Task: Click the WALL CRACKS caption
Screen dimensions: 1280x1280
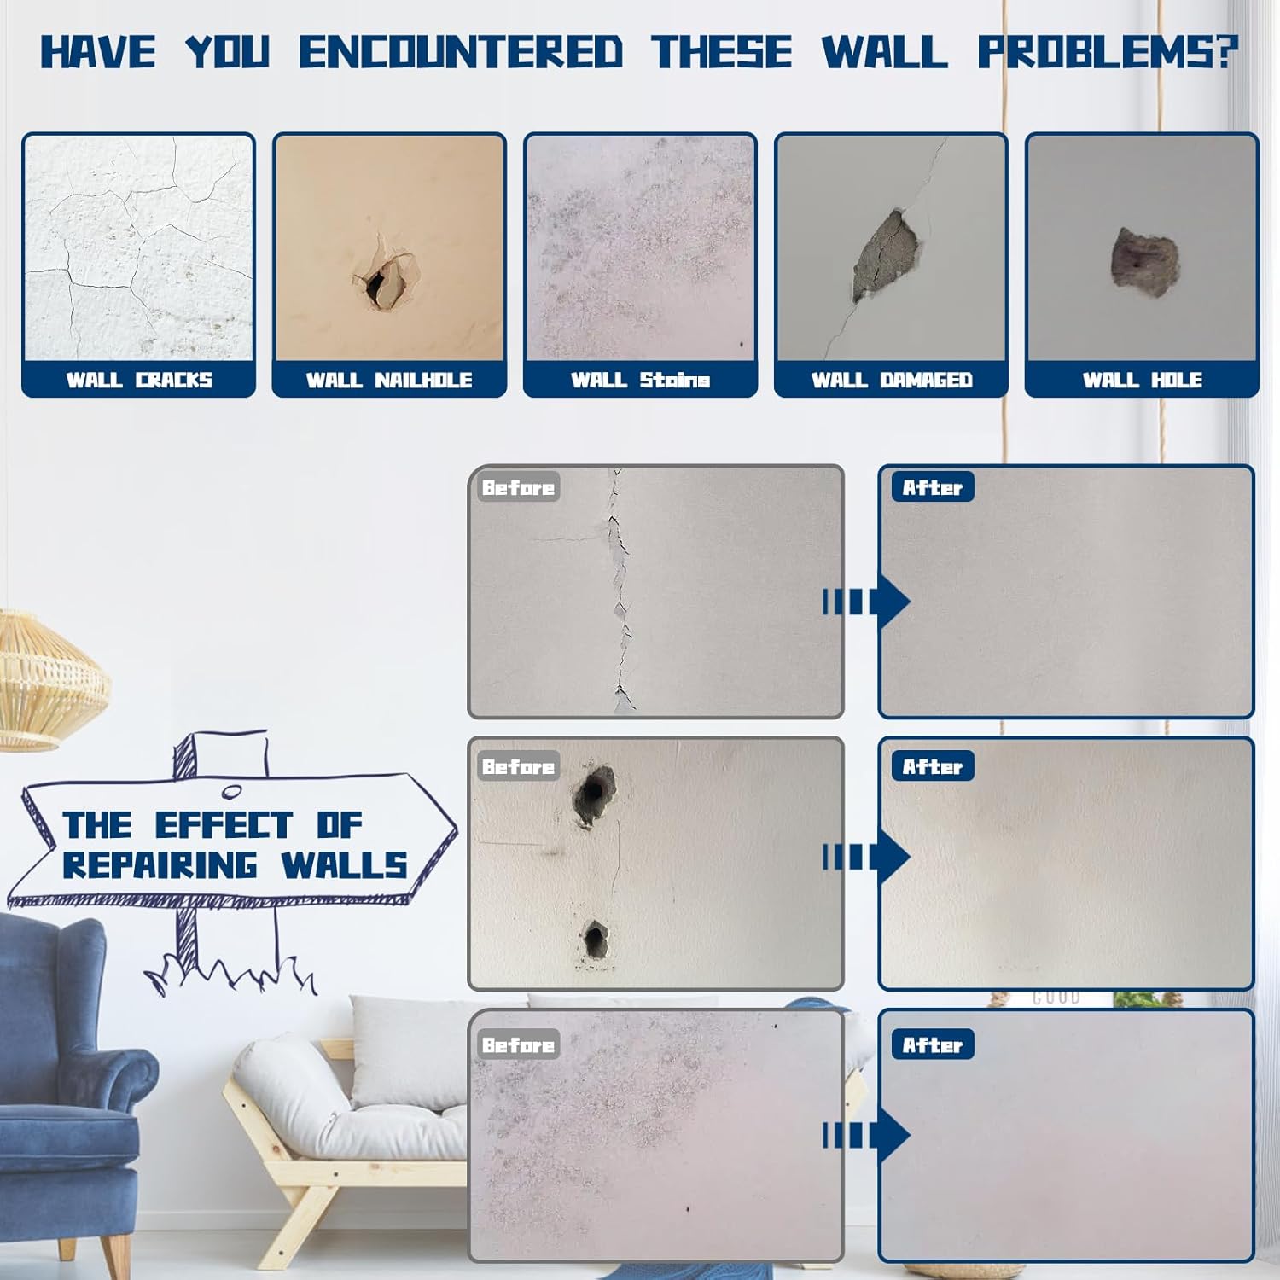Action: (139, 380)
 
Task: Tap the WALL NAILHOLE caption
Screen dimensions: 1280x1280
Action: (389, 380)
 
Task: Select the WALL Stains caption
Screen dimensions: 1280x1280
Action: (640, 380)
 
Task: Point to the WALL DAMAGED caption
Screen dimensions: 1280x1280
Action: (892, 380)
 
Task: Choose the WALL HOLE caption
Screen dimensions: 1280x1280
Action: (1143, 380)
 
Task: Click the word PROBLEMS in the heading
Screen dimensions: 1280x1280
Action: (1108, 52)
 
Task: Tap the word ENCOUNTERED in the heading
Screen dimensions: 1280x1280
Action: (461, 52)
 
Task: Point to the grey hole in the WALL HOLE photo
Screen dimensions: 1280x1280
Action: (1145, 261)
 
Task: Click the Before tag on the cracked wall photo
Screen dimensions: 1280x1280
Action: (518, 487)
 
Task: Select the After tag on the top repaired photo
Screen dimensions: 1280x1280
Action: (933, 487)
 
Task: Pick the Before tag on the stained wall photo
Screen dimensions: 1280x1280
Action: (518, 1044)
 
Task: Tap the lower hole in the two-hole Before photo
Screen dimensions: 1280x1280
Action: (595, 940)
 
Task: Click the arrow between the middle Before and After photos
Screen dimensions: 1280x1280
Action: (866, 857)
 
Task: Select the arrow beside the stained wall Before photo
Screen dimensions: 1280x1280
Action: (866, 1135)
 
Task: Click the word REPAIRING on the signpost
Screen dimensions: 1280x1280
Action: (160, 865)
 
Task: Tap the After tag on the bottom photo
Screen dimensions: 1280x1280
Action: (933, 1044)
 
